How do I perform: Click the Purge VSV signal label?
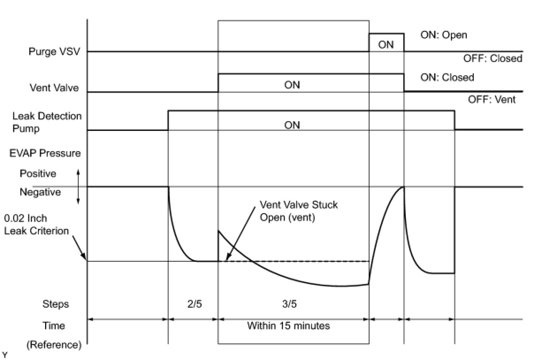(54, 51)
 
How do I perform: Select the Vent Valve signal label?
(54, 88)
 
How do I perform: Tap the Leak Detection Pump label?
(47, 123)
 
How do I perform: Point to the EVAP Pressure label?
(46, 153)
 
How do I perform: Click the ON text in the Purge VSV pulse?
(386, 44)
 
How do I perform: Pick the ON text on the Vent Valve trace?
(292, 84)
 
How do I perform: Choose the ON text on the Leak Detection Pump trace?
(292, 125)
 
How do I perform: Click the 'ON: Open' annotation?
(443, 35)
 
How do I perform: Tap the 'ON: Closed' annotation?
(447, 77)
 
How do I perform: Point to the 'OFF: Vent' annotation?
(492, 100)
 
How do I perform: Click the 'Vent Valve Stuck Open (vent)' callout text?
(298, 211)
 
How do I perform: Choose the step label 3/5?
(289, 304)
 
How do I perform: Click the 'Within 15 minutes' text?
(288, 326)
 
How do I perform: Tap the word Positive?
(38, 174)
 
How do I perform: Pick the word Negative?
(40, 193)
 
